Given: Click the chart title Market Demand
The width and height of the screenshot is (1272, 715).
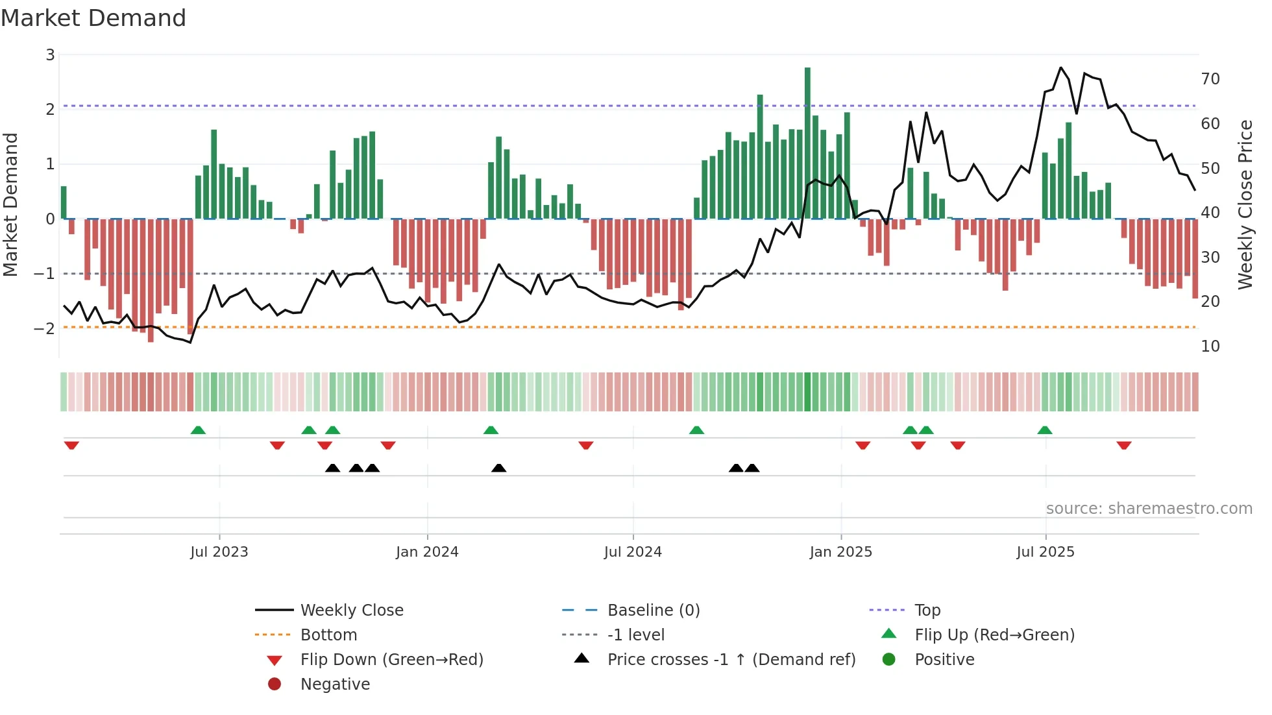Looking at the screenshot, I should pos(93,18).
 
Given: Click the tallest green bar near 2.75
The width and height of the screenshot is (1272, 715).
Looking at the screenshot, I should pos(807,143).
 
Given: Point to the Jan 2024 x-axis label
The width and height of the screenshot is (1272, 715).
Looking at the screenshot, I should pos(427,552).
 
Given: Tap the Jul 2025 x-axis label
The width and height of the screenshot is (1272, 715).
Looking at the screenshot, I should pos(1046,552).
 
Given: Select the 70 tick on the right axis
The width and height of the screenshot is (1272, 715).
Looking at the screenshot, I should pos(1210,79).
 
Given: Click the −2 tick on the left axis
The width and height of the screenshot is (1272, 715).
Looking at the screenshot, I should pos(45,328).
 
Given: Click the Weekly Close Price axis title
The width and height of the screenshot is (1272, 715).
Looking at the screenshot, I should pos(1245,204).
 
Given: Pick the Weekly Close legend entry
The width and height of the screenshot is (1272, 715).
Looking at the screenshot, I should pos(351,611).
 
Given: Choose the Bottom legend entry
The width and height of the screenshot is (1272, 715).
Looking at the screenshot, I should pos(328,635).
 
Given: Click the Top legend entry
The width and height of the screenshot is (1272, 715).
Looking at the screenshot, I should pos(927,611).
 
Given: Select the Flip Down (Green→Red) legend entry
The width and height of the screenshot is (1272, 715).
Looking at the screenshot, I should pos(391,660).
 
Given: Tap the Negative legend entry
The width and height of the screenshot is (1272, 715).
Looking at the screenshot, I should pos(335,685).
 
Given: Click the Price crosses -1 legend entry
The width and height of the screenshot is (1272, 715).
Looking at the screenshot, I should pos(731,660).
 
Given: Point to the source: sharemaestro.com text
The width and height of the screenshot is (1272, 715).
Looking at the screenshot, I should pos(1149,509).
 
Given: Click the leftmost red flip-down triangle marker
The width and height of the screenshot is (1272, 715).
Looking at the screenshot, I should pos(71,445).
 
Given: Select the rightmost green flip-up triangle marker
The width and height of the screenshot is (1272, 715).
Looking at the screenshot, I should pos(1045,430).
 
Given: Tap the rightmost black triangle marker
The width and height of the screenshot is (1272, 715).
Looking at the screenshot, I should pos(752,468).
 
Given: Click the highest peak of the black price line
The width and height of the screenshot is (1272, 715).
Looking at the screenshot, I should pos(1060,67).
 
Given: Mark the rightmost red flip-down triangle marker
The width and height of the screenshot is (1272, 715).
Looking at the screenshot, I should pos(1124,445).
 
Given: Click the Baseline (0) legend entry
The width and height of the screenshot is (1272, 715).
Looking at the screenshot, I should pos(653,611).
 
